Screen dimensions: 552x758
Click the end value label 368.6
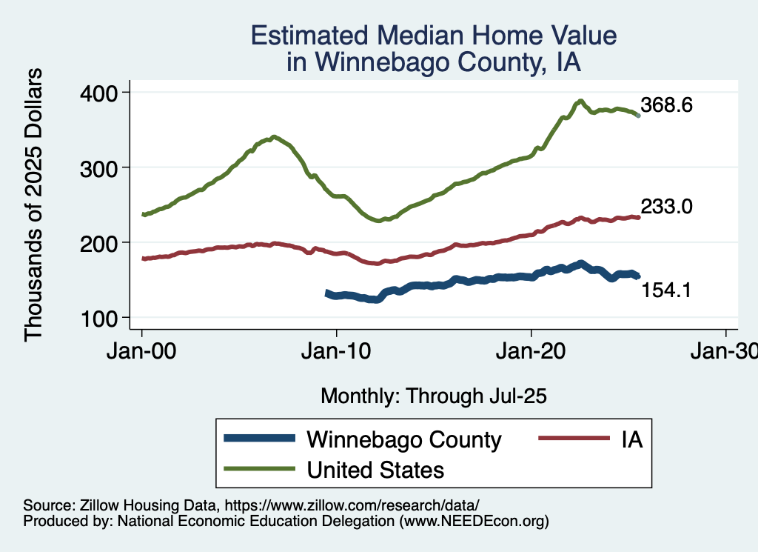coord(666,105)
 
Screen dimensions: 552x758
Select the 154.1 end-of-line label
coord(666,290)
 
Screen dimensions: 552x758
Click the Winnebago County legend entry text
coord(404,439)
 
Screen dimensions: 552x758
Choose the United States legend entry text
coord(375,469)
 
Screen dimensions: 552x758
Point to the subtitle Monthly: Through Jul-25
coord(433,396)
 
